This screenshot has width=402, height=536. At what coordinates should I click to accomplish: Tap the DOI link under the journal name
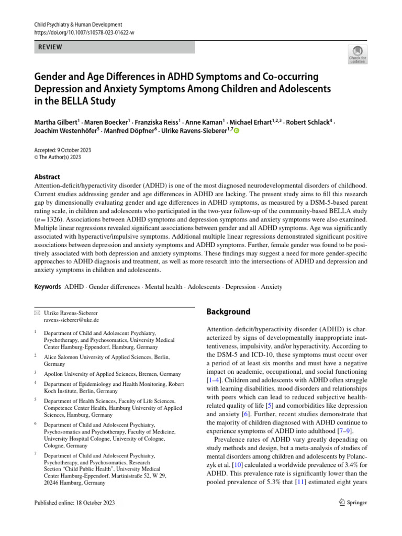[x=84, y=32]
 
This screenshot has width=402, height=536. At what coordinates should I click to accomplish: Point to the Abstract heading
[x=47, y=177]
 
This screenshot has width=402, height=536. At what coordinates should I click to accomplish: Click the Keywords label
[x=48, y=287]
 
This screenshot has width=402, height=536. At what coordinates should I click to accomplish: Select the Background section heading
[x=228, y=311]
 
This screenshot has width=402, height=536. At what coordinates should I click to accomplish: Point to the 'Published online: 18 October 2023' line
[x=74, y=502]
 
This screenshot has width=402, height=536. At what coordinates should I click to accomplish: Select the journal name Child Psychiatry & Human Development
[x=78, y=25]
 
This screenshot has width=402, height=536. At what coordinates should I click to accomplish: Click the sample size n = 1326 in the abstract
[x=50, y=220]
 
